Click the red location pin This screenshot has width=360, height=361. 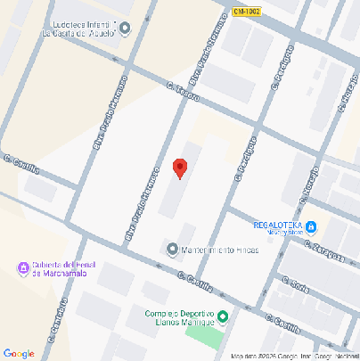click(179, 168)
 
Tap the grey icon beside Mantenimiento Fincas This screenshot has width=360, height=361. click(173, 248)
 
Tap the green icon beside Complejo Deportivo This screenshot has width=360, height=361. click(224, 317)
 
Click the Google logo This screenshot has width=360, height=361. click(19, 353)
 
